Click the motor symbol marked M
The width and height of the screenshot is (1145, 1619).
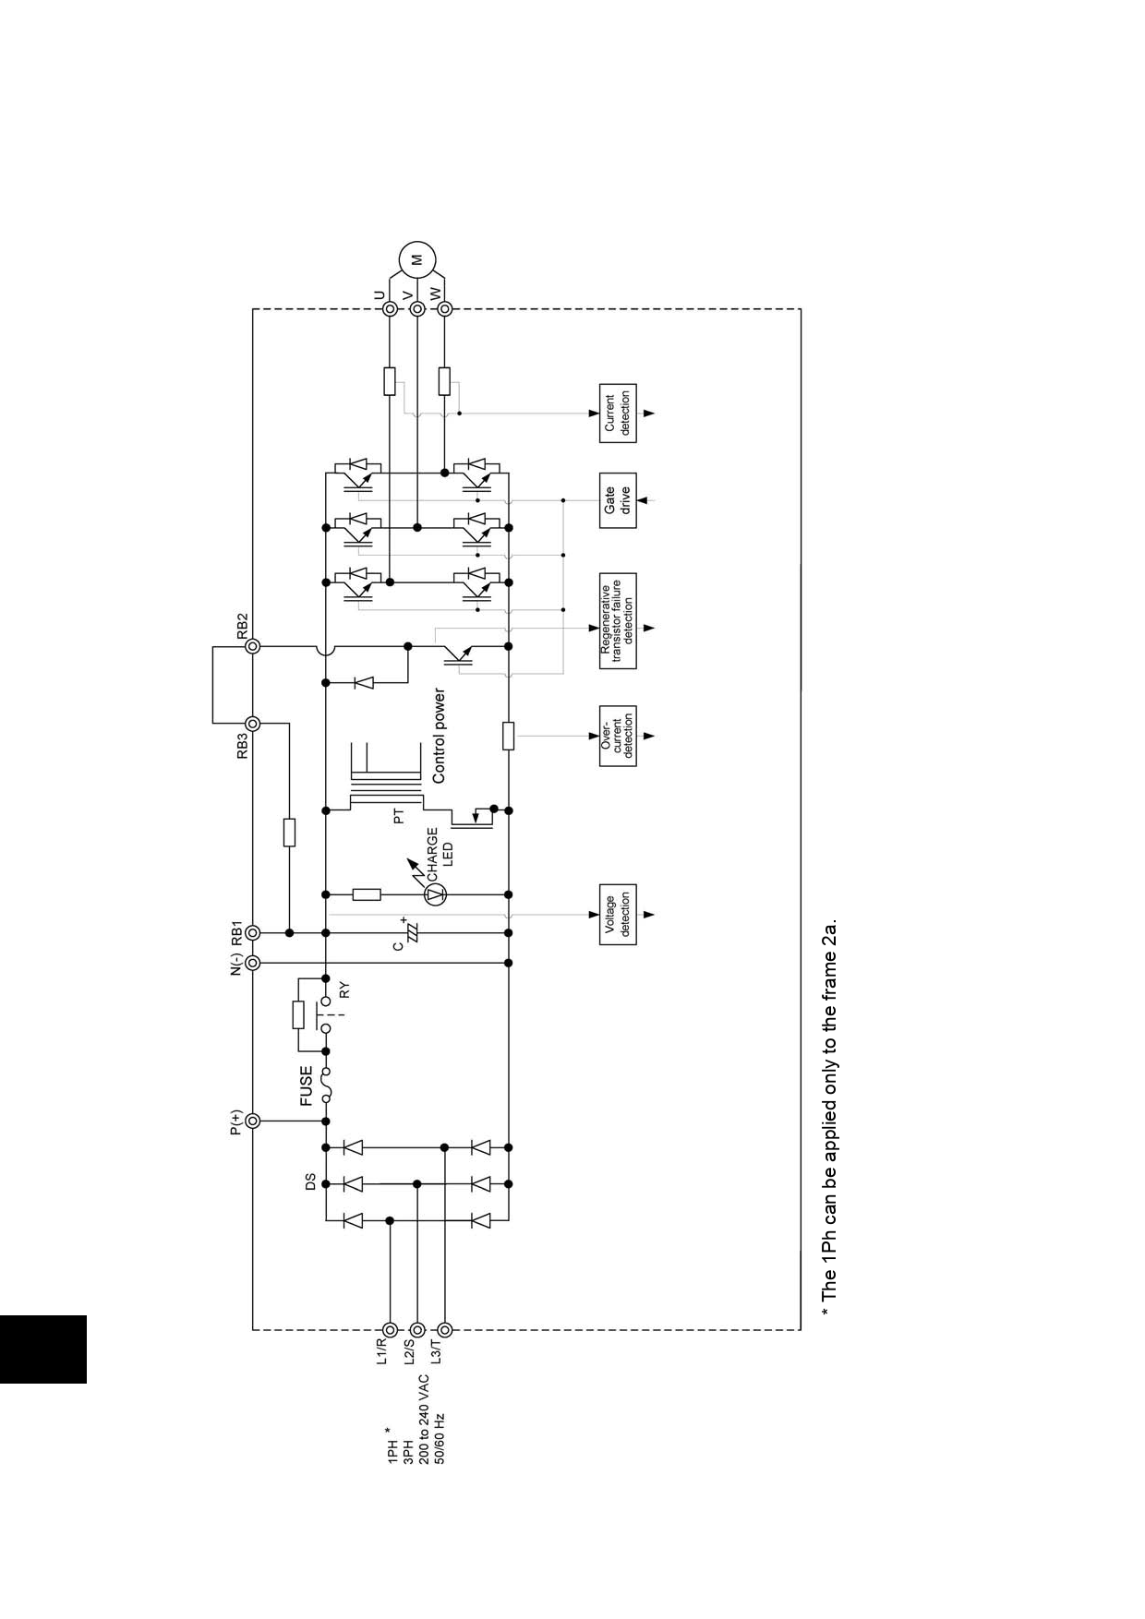[416, 259]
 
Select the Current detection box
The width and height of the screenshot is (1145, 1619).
[618, 414]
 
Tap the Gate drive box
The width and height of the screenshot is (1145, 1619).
[618, 500]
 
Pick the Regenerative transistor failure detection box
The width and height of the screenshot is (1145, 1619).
[618, 620]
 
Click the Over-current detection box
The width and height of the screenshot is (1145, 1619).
[618, 736]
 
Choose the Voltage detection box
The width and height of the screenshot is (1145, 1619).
[618, 915]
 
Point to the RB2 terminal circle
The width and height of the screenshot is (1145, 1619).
[252, 647]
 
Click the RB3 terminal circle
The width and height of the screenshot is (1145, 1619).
[252, 724]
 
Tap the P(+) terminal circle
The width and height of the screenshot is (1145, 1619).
[252, 1121]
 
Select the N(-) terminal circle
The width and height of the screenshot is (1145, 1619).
[252, 963]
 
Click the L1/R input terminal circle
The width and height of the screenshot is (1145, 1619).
[390, 1330]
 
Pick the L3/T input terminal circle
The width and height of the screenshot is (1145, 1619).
[445, 1330]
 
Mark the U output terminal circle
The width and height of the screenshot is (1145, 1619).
[390, 309]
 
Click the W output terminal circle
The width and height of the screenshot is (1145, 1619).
[445, 309]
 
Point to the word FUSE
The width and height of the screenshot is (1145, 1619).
[307, 1086]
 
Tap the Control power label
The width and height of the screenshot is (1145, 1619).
[439, 737]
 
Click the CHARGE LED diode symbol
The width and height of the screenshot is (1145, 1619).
[436, 893]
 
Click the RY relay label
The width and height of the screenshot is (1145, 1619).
[344, 990]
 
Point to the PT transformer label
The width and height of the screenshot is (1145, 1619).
[399, 816]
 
